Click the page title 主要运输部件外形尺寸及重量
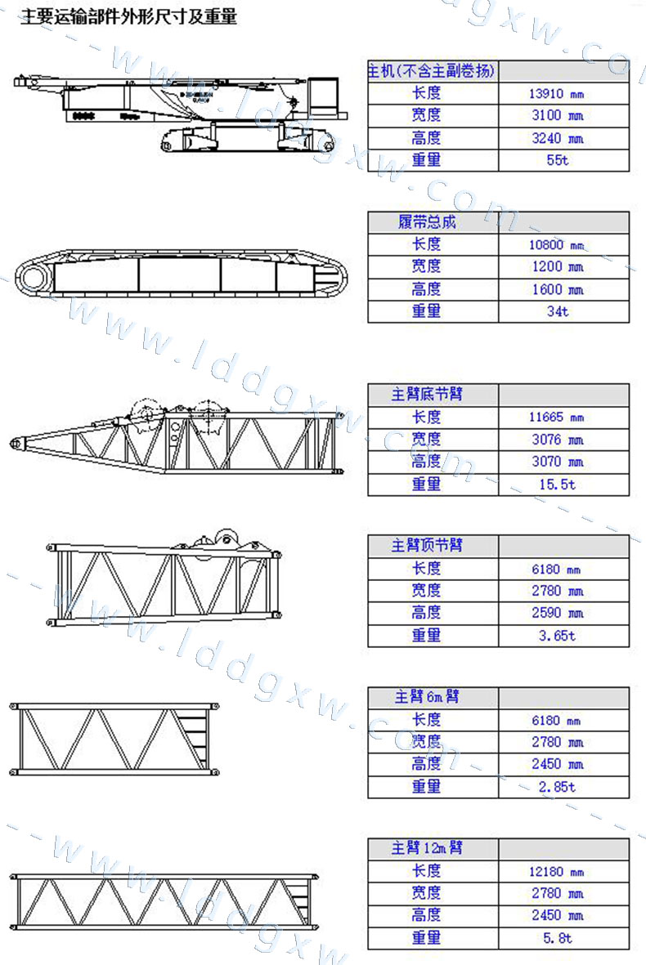129,16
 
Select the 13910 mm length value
556,93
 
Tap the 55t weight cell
558,160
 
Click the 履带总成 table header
427,221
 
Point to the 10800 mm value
556,245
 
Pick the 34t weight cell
558,311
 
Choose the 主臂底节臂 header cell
427,394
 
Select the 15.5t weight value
558,485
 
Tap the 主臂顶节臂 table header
427,545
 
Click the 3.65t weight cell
558,636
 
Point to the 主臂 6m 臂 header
427,697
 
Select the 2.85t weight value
558,787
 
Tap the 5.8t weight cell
558,938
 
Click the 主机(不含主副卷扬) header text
431,71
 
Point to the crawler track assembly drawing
181,274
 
